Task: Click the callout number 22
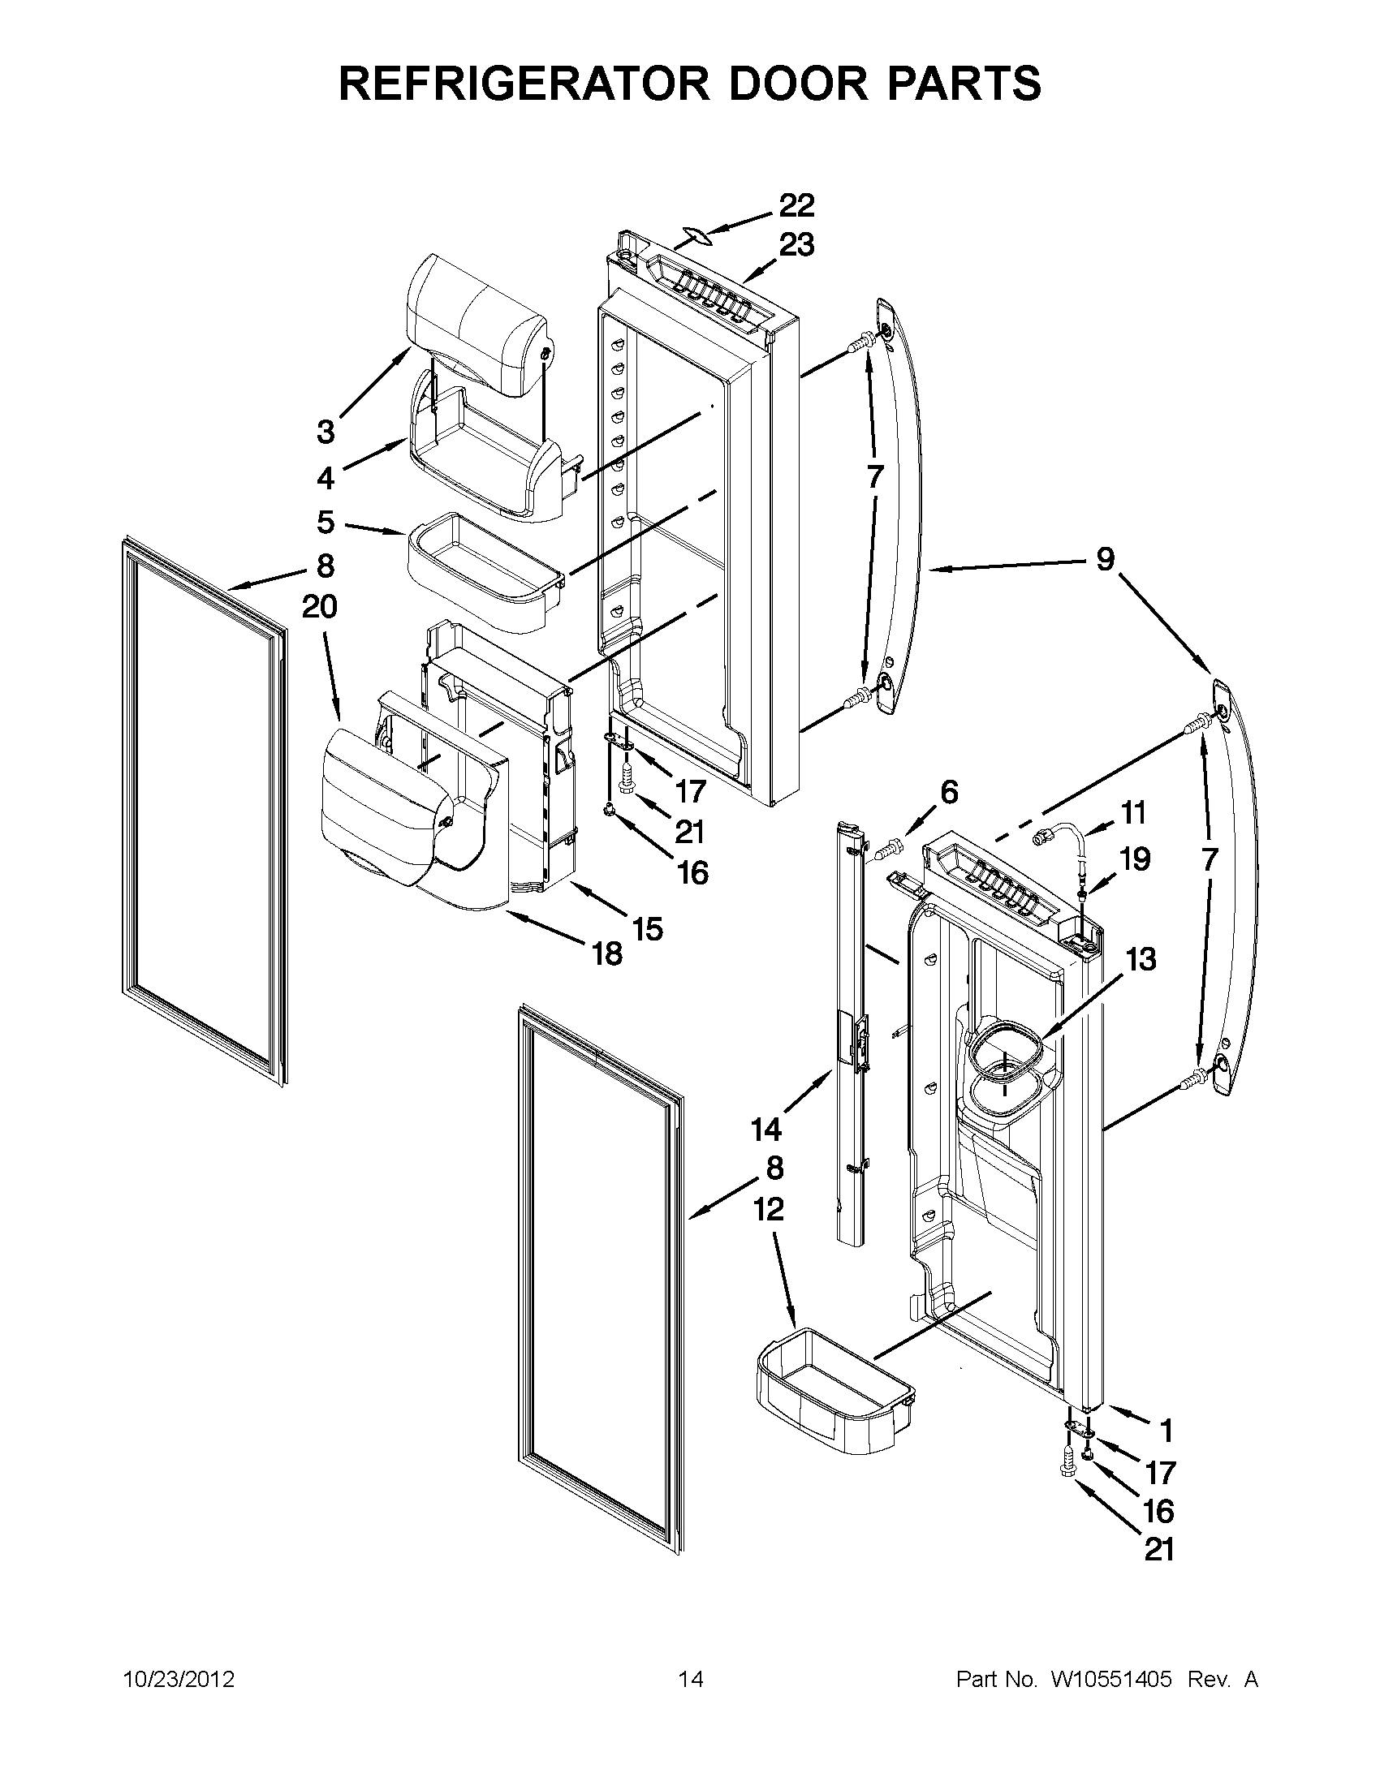pyautogui.click(x=796, y=205)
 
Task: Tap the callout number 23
pyautogui.click(x=796, y=244)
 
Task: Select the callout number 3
pyautogui.click(x=326, y=431)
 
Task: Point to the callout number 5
pyautogui.click(x=326, y=521)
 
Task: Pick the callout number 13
pyautogui.click(x=1141, y=959)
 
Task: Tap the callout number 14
pyautogui.click(x=766, y=1130)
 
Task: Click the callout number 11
pyautogui.click(x=1133, y=813)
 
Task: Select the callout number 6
pyautogui.click(x=949, y=792)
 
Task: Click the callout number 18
pyautogui.click(x=607, y=953)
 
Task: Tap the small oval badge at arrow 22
pyautogui.click(x=692, y=237)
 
